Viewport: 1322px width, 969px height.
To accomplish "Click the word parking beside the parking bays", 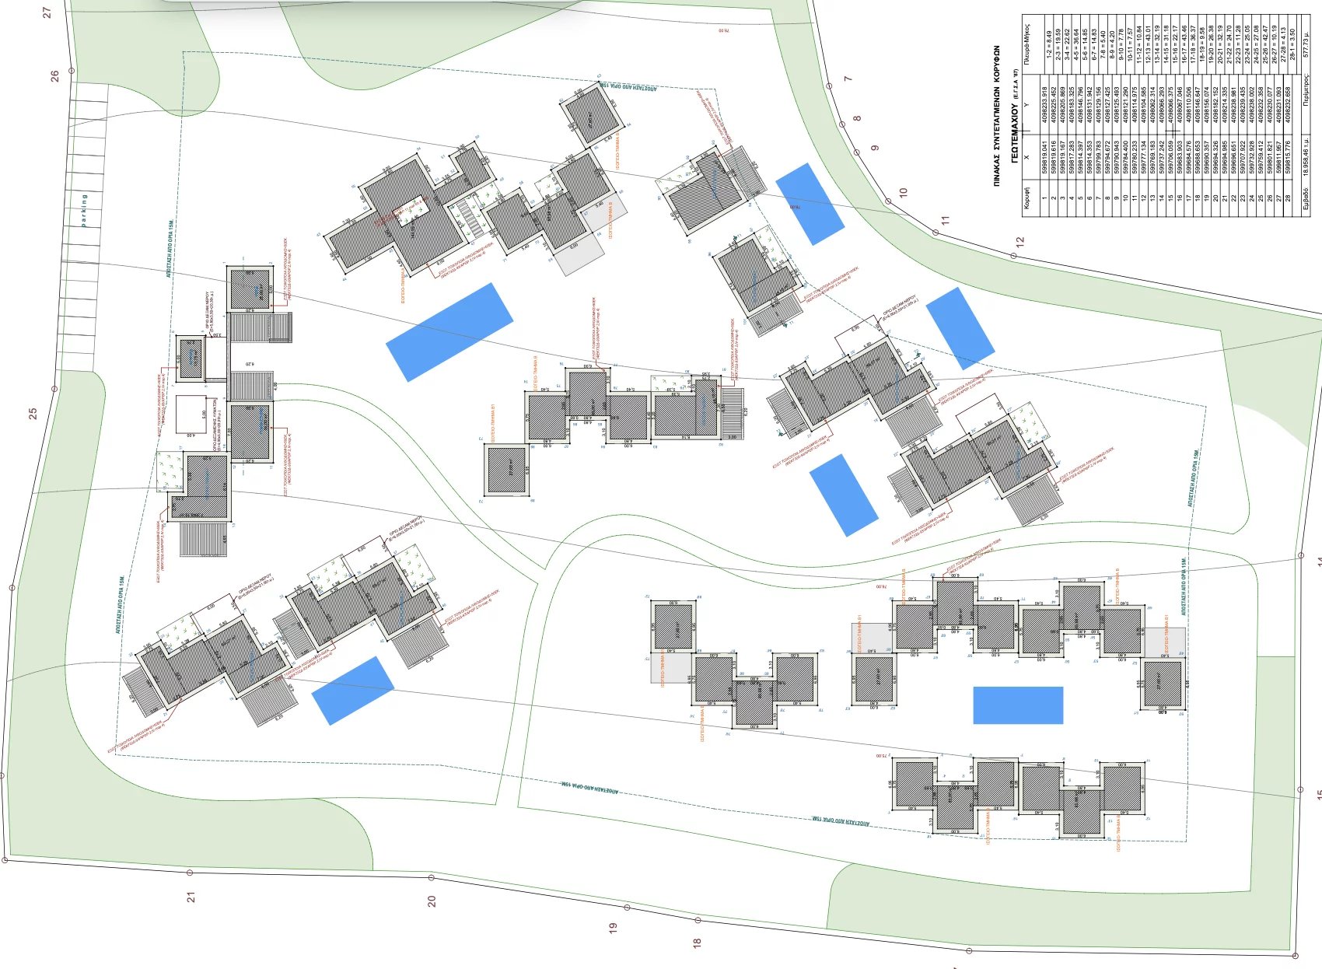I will point(84,210).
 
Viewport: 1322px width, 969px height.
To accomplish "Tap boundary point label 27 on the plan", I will point(47,13).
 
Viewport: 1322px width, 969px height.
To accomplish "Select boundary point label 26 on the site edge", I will point(54,76).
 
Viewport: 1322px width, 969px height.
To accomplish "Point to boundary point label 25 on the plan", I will point(33,414).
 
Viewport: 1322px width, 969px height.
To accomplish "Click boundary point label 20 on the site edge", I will point(432,901).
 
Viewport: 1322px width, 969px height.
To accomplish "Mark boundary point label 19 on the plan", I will point(613,928).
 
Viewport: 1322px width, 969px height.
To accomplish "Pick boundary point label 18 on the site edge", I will point(697,943).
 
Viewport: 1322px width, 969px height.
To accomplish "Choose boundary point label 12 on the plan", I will point(1019,242).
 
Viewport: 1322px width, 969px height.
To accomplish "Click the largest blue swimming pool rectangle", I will point(449,332).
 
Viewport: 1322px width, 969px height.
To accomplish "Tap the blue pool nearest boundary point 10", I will point(810,203).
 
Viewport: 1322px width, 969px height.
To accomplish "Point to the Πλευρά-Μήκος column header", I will point(1027,44).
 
